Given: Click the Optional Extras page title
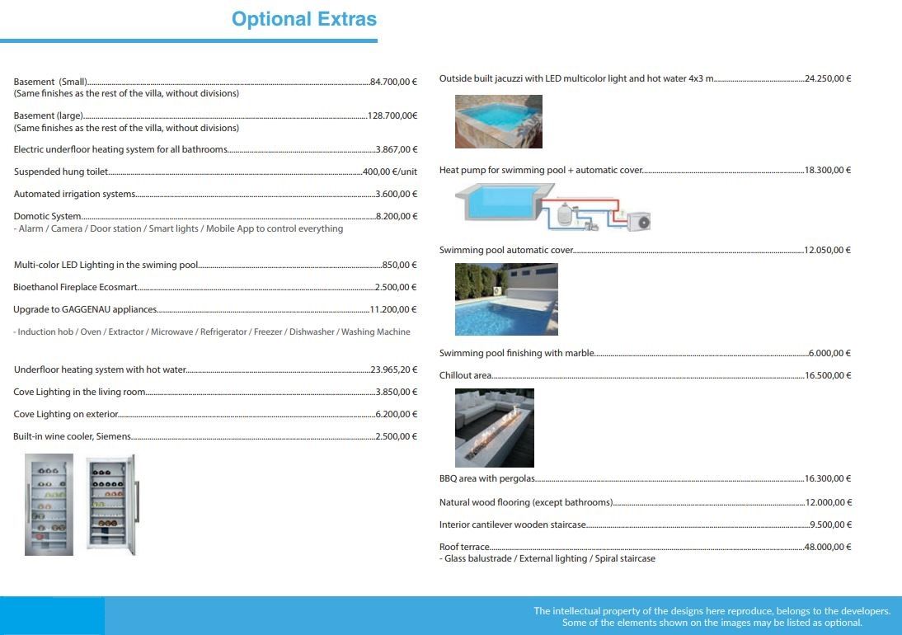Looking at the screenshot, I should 304,19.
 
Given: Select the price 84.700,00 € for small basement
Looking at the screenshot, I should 394,82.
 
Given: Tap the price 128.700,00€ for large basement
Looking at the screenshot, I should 392,116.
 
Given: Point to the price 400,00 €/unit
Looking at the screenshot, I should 390,172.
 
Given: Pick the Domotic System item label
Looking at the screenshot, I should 47,216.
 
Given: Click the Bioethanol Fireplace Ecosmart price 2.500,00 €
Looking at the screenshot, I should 396,287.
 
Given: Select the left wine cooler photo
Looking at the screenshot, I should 49,504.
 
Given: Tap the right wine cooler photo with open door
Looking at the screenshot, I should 111,504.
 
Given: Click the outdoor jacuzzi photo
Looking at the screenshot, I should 499,121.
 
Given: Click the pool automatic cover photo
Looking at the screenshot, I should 506,299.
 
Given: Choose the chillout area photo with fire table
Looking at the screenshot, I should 495,428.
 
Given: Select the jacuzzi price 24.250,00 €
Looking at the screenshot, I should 828,78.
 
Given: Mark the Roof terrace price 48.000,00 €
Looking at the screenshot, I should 828,547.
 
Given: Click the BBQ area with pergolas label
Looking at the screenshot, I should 487,478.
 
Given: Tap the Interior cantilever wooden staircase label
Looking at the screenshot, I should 513,524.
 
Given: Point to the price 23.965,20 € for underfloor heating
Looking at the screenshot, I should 394,369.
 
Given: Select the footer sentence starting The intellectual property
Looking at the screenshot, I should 712,611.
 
